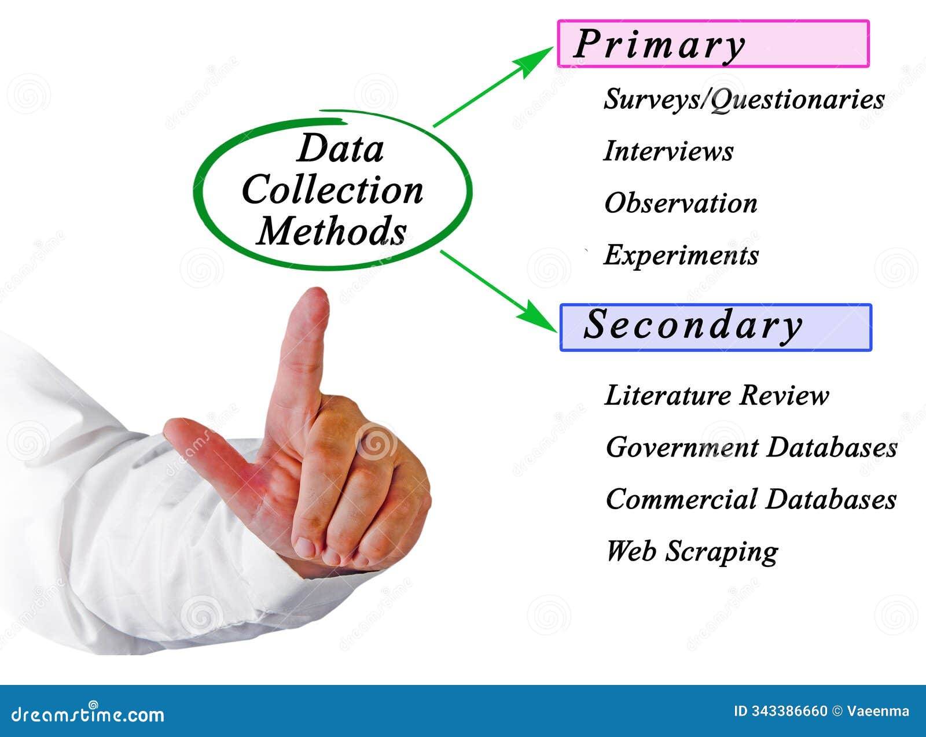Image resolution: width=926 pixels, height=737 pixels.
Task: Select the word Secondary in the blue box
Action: click(692, 325)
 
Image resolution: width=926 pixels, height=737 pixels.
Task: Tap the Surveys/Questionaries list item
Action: click(744, 100)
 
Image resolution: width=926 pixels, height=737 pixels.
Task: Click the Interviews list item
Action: click(668, 152)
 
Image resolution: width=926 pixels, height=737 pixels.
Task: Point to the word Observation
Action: click(681, 204)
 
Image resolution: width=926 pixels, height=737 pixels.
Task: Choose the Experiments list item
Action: click(681, 256)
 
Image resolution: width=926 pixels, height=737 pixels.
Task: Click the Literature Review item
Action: click(716, 396)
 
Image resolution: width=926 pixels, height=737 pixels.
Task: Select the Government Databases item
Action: click(751, 448)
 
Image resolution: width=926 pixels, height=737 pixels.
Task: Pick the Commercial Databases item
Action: click(751, 500)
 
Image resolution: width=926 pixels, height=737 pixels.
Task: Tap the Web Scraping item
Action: click(692, 552)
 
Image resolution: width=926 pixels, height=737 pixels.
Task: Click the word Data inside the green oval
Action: click(340, 149)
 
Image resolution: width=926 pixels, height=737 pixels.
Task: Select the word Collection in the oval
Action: click(333, 190)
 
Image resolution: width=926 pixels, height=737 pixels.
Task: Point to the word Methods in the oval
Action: click(332, 231)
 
